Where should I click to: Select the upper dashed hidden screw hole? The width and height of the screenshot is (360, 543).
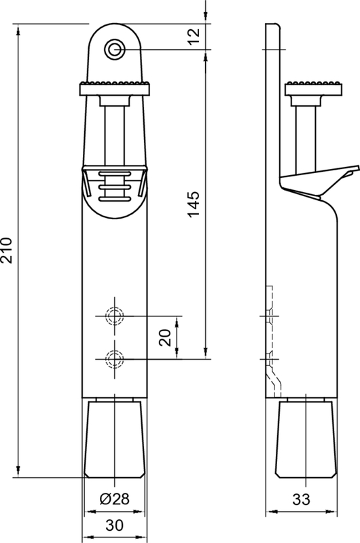point(114,316)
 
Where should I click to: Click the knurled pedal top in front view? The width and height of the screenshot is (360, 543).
point(114,88)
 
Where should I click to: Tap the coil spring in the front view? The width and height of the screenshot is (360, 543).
point(114,185)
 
